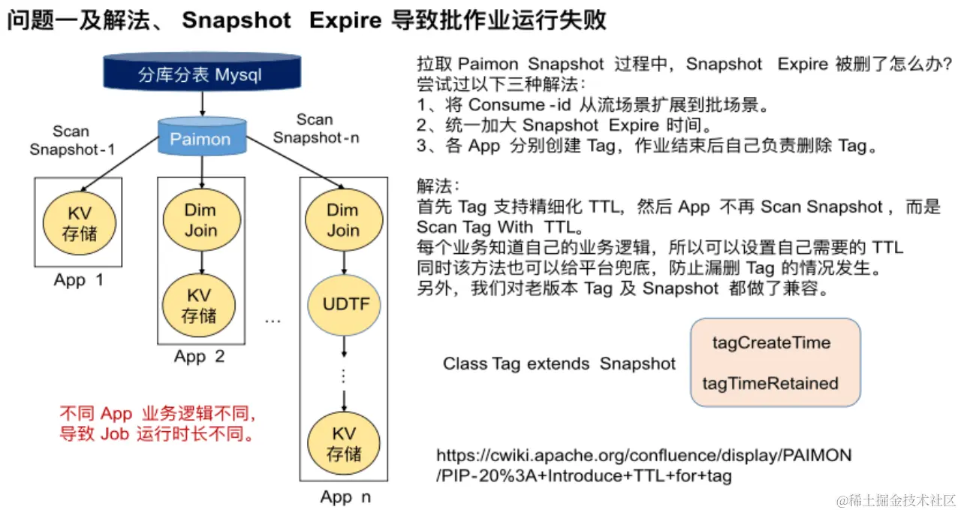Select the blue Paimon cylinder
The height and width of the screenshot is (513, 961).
(x=200, y=138)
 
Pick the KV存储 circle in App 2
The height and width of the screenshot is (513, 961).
(x=200, y=304)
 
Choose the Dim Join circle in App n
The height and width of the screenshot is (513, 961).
(x=343, y=219)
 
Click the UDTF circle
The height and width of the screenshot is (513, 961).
(x=343, y=305)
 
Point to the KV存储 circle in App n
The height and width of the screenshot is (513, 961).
(x=343, y=444)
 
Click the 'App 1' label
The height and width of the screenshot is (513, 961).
(x=78, y=280)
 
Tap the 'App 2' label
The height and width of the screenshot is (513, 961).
(x=199, y=356)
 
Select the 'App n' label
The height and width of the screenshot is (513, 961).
(x=345, y=496)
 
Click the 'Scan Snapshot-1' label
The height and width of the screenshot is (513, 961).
(x=72, y=140)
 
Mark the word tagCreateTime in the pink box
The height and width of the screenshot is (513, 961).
(x=771, y=343)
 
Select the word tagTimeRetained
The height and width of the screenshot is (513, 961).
(x=770, y=383)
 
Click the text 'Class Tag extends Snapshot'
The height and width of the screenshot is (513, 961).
(x=559, y=364)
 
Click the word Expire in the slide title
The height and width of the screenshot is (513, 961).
(x=345, y=20)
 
